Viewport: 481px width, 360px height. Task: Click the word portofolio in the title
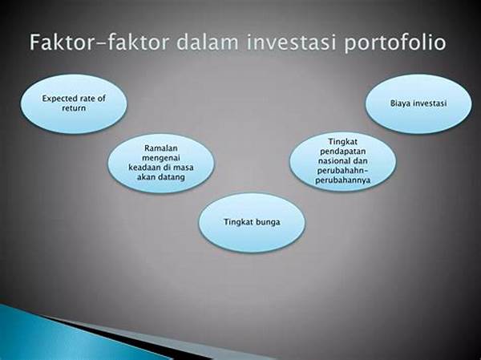click(395, 42)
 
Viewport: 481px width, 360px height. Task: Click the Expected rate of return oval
click(74, 103)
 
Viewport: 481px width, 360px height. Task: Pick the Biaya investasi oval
click(418, 103)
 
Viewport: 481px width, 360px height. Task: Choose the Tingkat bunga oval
click(252, 223)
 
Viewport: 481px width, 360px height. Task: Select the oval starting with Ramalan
click(161, 163)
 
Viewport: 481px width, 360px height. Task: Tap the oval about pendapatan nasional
click(342, 161)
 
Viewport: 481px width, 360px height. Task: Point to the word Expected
click(59, 99)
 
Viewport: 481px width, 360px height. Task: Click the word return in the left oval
click(74, 108)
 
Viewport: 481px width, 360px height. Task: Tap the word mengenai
click(161, 159)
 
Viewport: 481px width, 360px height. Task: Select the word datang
click(173, 177)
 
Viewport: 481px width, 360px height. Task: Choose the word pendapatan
click(342, 152)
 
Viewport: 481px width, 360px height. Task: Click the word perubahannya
click(342, 180)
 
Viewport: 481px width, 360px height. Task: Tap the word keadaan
click(143, 168)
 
